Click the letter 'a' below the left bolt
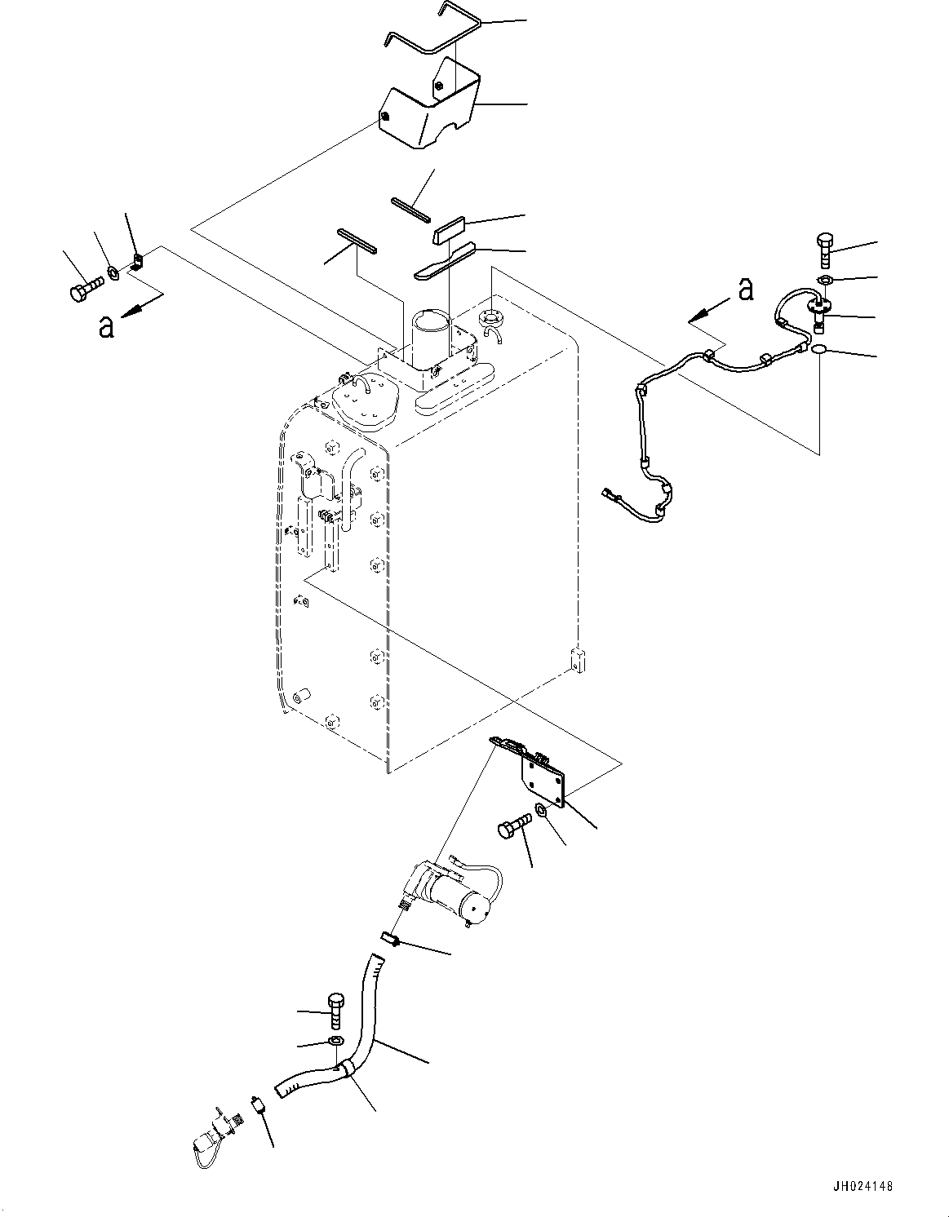(x=105, y=326)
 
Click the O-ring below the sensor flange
(x=818, y=349)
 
